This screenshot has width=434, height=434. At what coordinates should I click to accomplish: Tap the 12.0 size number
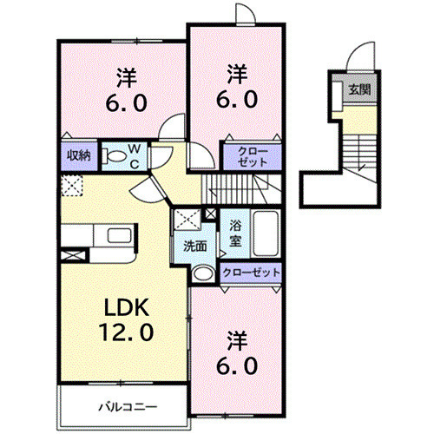pos(128,332)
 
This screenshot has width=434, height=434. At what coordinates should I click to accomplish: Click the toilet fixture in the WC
pos(113,156)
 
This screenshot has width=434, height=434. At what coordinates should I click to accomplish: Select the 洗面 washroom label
pos(194,246)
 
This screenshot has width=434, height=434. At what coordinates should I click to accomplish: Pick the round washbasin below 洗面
pos(203,273)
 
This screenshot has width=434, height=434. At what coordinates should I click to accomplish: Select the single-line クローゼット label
pos(252,273)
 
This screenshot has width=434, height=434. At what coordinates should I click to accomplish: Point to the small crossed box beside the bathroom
pos(209,214)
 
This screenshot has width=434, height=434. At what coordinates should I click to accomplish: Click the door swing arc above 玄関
pos(355,61)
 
